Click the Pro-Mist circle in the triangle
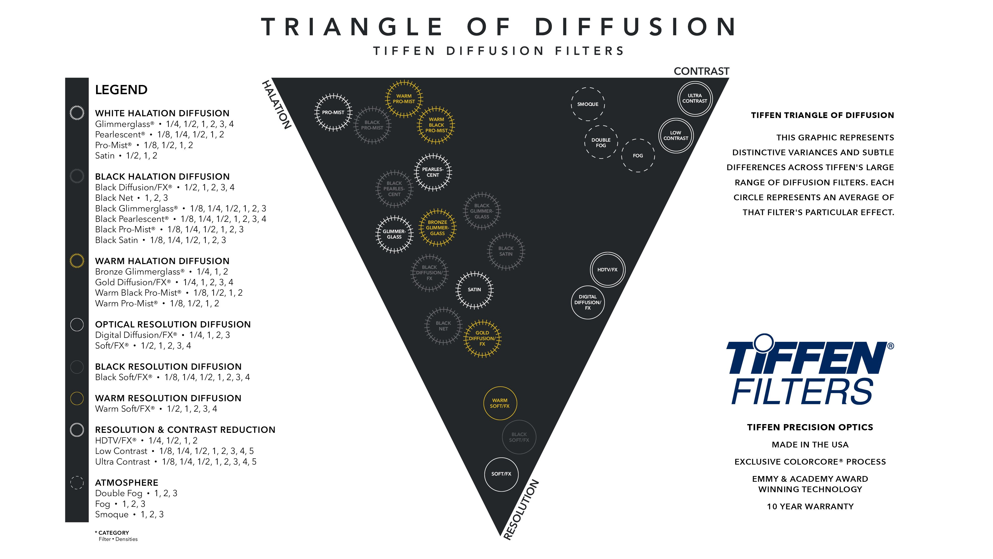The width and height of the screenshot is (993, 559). click(x=333, y=112)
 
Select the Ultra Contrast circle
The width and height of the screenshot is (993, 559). click(x=695, y=98)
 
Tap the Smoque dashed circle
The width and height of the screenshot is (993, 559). click(x=587, y=104)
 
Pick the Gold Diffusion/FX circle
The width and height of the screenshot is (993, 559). click(x=482, y=338)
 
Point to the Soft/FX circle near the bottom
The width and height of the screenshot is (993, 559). click(x=501, y=474)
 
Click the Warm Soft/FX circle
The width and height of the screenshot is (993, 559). click(x=500, y=403)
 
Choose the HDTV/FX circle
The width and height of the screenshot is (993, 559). click(x=607, y=270)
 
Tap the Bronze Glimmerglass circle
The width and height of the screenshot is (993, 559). click(x=437, y=228)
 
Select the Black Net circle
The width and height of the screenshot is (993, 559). click(x=443, y=326)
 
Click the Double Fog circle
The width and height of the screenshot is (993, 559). click(x=601, y=142)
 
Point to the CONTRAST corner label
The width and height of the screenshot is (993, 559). click(x=701, y=71)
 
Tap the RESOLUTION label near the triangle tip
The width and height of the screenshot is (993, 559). click(x=521, y=510)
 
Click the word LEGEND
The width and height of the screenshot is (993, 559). click(x=121, y=90)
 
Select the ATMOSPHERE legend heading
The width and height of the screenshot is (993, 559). click(x=126, y=483)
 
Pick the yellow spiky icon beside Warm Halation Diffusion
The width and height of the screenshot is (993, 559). click(x=77, y=261)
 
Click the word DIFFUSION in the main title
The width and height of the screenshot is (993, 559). click(x=636, y=27)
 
